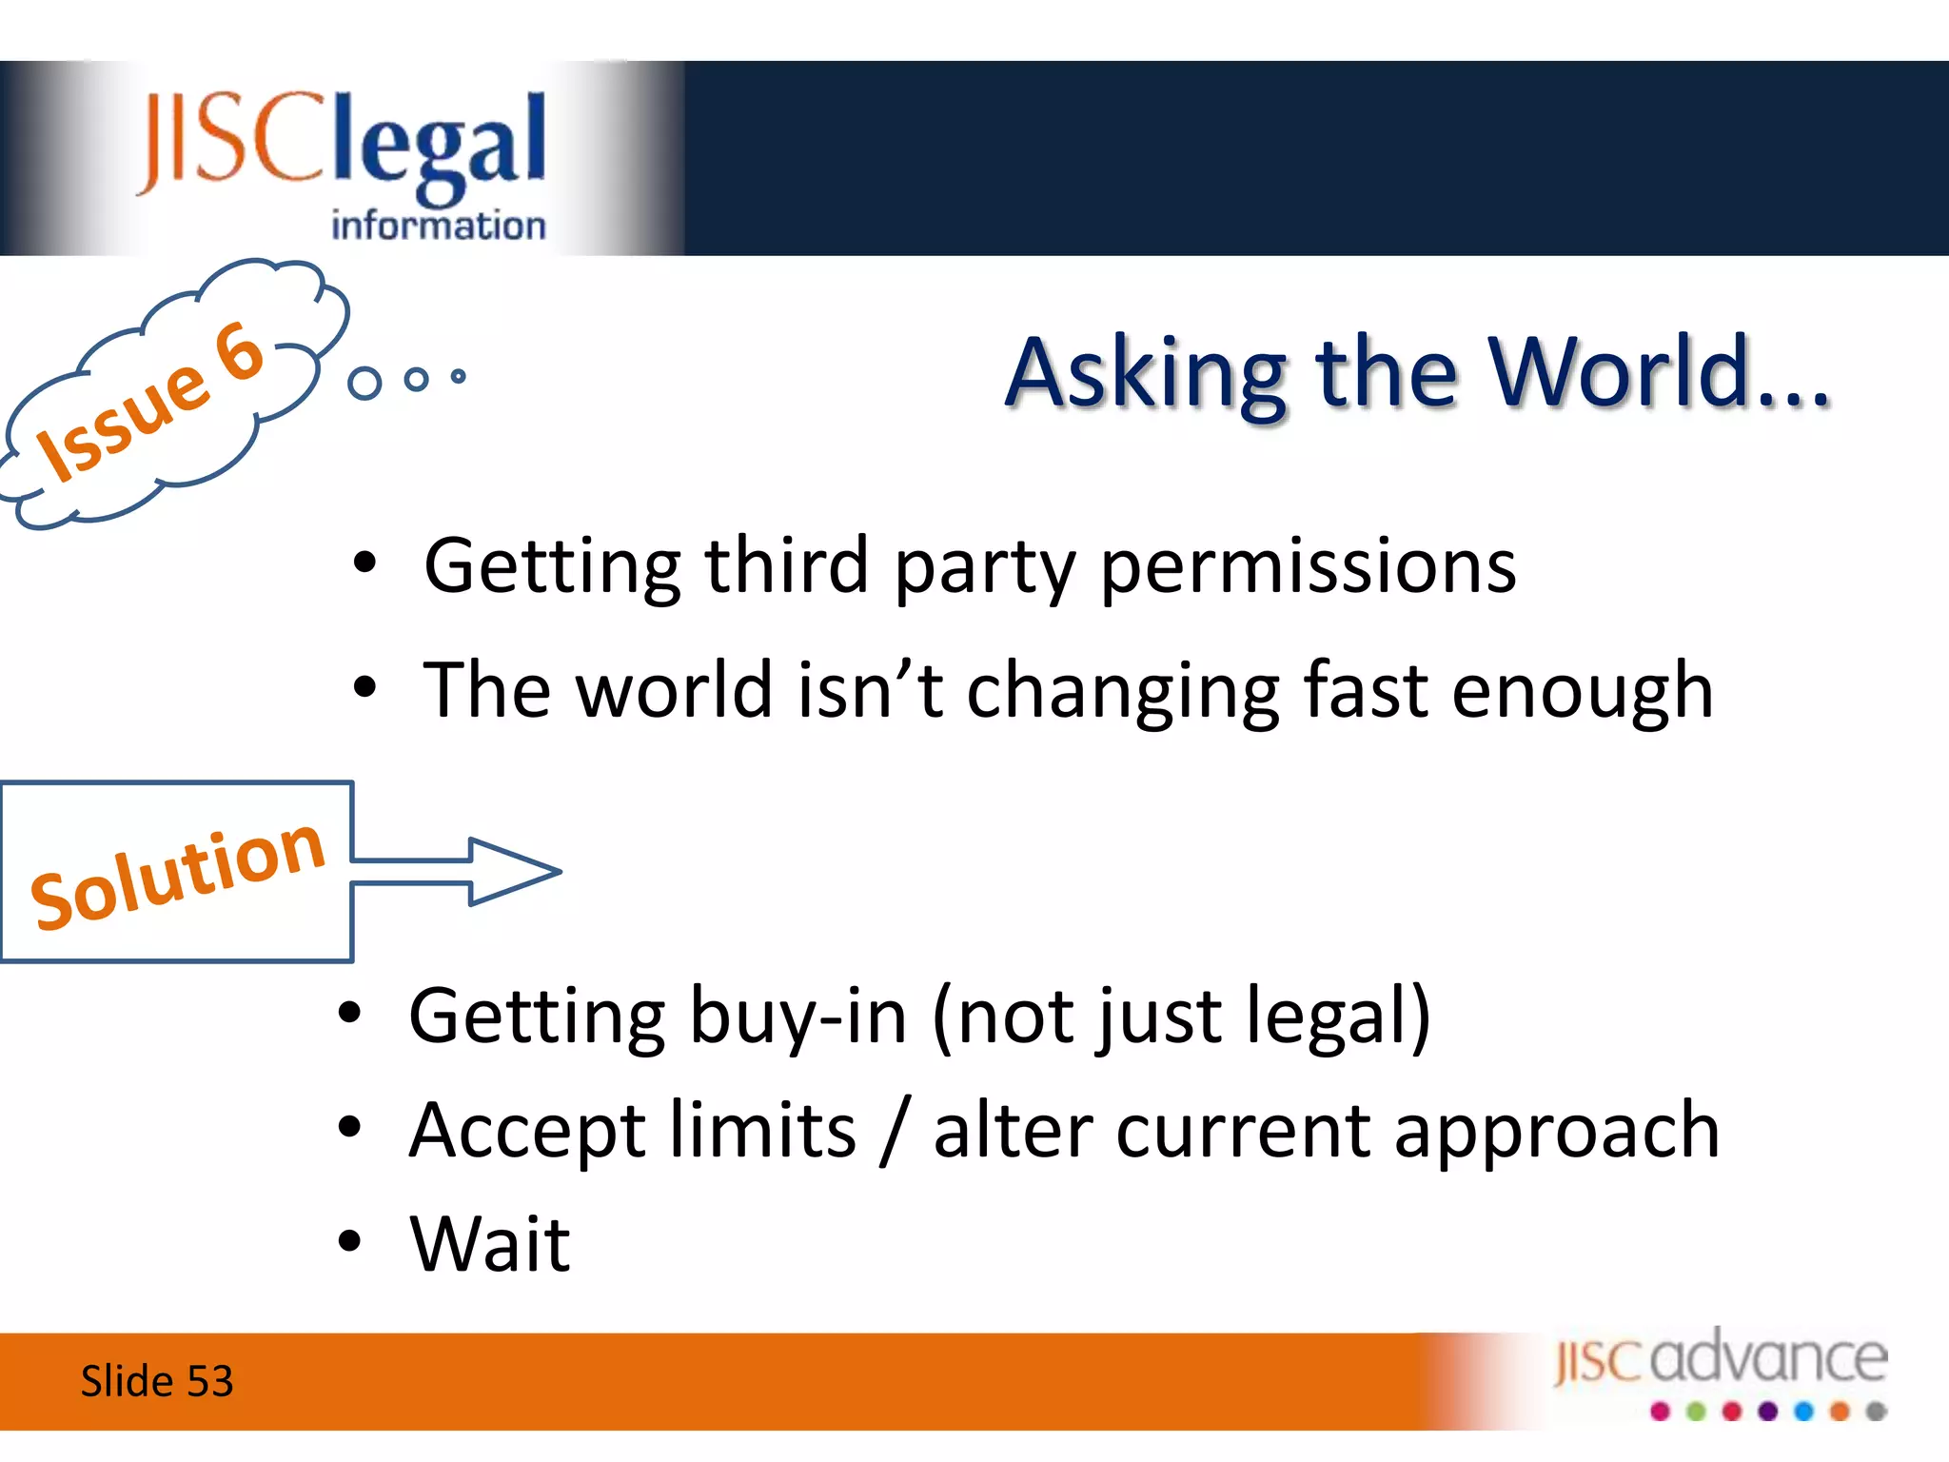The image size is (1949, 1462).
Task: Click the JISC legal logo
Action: (x=343, y=162)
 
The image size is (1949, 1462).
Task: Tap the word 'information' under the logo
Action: (x=439, y=226)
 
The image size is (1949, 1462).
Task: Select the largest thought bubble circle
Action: (x=364, y=383)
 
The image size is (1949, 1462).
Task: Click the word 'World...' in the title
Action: (x=1660, y=372)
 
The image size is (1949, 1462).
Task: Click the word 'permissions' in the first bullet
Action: (x=1309, y=568)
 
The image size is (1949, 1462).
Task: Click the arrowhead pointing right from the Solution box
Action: (x=515, y=871)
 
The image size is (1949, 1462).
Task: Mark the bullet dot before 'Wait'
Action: (x=350, y=1241)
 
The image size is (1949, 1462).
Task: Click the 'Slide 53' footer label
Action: (x=157, y=1381)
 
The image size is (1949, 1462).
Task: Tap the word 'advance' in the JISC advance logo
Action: (x=1769, y=1356)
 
